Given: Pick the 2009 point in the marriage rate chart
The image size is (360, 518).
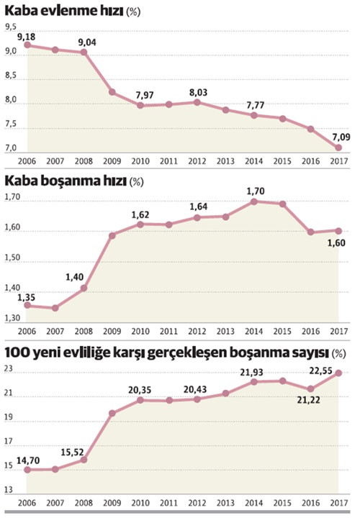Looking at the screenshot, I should tap(112, 92).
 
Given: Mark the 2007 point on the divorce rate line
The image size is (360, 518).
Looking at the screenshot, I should tap(56, 308).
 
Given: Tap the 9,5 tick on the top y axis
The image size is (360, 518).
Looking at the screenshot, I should tap(12, 27).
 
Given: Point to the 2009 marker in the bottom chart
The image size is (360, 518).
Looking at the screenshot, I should tap(112, 414).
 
